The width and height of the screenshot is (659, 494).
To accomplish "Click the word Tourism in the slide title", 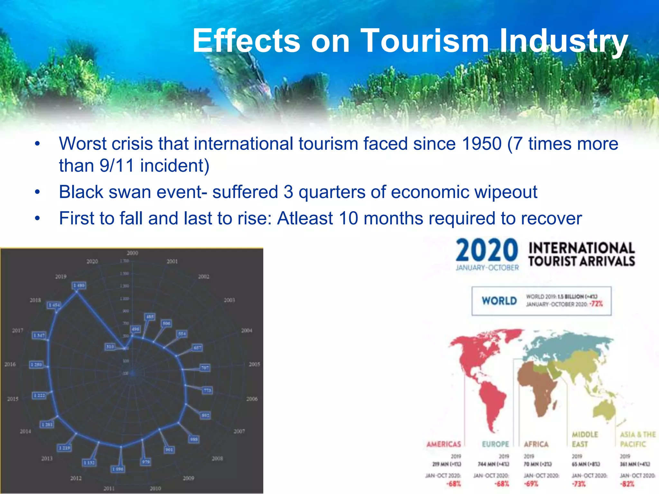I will (x=425, y=41).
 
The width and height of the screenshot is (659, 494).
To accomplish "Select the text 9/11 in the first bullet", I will (x=116, y=166).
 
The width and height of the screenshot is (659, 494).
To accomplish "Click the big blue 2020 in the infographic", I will (x=487, y=251).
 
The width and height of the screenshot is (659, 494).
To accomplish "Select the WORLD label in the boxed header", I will (x=499, y=301).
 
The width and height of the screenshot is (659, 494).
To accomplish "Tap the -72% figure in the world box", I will (x=596, y=304).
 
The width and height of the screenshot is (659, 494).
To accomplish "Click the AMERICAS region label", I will (x=443, y=444).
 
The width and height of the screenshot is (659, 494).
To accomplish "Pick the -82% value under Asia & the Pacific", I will (x=627, y=484).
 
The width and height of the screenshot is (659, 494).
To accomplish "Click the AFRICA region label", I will (x=536, y=444).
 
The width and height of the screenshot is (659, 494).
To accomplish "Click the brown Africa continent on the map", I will (x=537, y=386).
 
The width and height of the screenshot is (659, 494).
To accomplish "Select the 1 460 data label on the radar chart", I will (x=79, y=285).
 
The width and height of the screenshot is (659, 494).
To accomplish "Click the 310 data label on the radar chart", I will (x=110, y=347).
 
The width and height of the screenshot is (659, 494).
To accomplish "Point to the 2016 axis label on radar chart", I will (x=10, y=364).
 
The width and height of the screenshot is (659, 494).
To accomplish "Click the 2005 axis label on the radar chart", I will (x=254, y=364).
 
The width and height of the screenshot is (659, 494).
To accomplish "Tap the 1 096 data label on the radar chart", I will (x=118, y=469).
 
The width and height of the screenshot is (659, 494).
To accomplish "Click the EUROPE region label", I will (x=495, y=444).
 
